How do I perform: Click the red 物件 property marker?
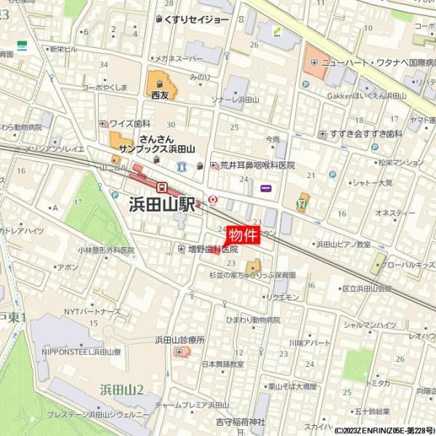[x=243, y=235]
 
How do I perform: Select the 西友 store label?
[x=160, y=94]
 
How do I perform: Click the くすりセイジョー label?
[x=197, y=19]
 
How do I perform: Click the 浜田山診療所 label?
[x=179, y=339]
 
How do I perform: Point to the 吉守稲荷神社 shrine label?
[x=241, y=421]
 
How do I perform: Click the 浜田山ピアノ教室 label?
[x=343, y=245]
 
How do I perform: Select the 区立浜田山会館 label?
[x=366, y=288]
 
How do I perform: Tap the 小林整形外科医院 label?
[x=107, y=250]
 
